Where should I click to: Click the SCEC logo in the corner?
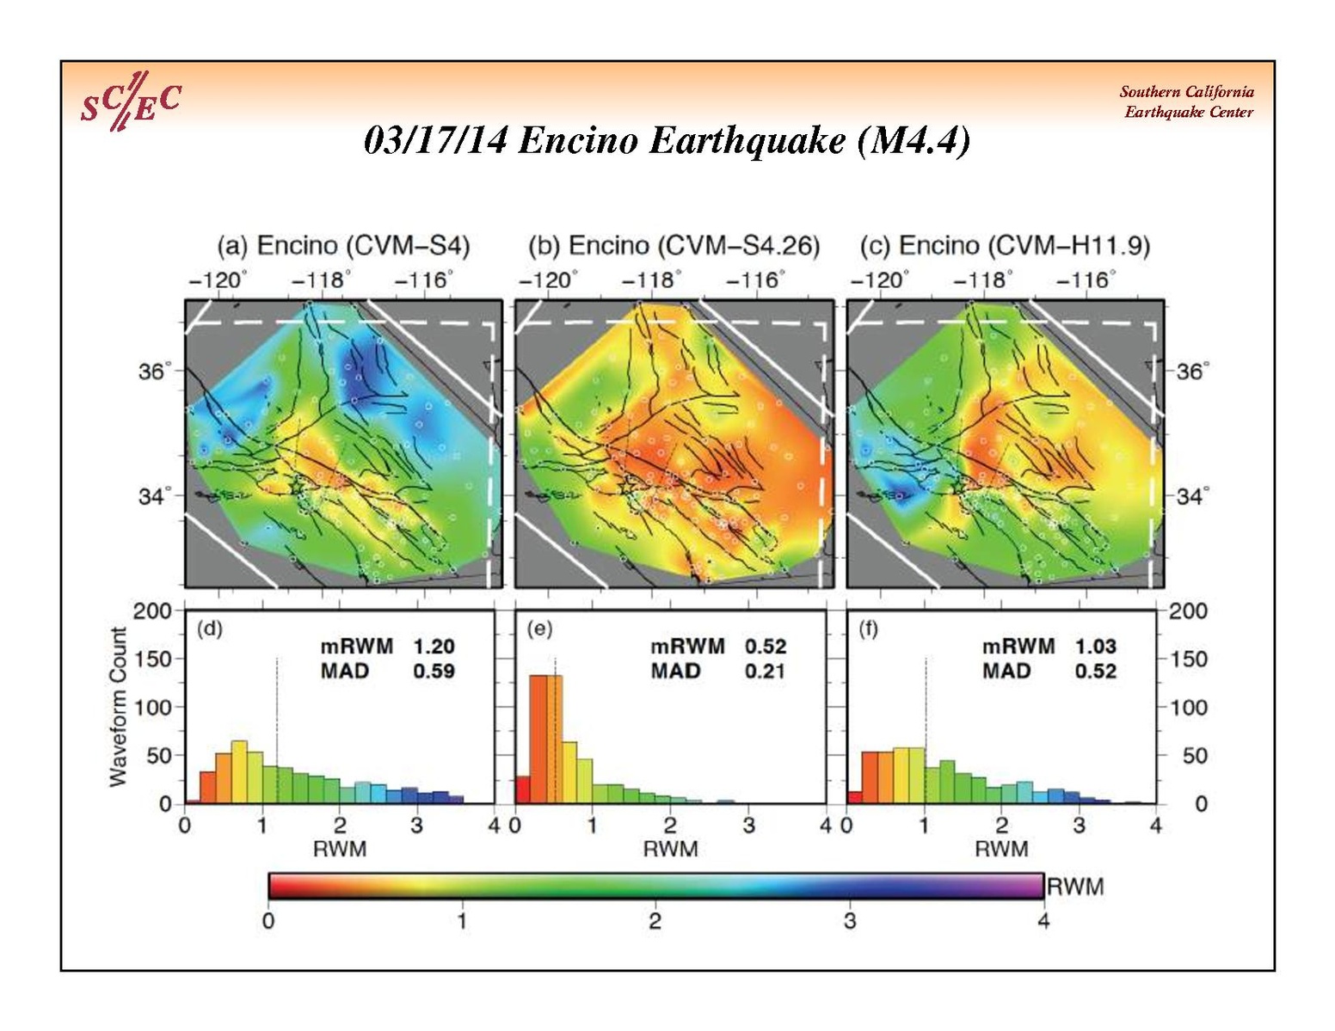[130, 101]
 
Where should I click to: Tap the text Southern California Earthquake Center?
[1187, 101]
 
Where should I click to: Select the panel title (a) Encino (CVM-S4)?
[343, 246]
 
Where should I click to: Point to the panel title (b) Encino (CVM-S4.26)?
[674, 246]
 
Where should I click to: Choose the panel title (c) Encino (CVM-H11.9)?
[1005, 246]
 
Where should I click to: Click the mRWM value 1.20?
[434, 646]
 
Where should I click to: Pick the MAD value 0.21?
[766, 671]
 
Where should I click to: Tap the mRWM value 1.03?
[1095, 646]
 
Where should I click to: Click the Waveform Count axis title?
[118, 707]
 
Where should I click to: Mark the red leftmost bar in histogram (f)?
[854, 797]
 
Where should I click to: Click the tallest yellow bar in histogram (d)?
[239, 771]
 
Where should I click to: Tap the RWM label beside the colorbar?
[1075, 886]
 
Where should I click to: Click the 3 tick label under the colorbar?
[850, 921]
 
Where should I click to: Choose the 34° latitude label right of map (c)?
[1192, 496]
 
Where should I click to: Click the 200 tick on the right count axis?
[1188, 611]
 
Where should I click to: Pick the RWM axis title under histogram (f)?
[1001, 849]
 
